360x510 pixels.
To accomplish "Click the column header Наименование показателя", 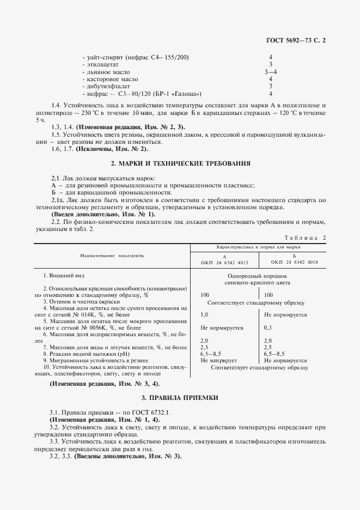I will tap(112, 255).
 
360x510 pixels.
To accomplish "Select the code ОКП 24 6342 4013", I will tap(224, 262).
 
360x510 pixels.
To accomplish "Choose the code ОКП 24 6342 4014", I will tap(294, 262).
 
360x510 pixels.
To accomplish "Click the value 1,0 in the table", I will tap(205, 314).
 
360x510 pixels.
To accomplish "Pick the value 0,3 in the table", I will tap(267, 327).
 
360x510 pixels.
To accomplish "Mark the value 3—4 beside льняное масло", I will tap(271, 71).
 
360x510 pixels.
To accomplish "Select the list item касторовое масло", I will tap(110, 78).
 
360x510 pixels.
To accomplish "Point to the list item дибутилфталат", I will tap(107, 86).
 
